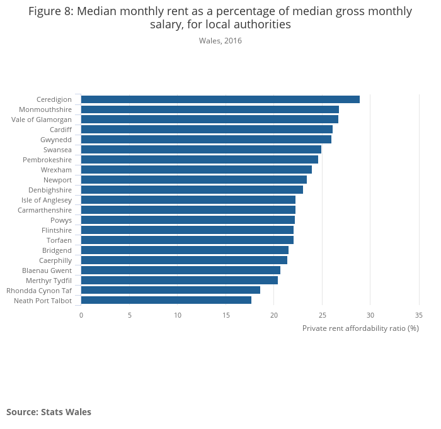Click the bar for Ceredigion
pyautogui.click(x=220, y=99)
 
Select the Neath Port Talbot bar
pyautogui.click(x=166, y=301)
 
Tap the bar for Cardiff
pyautogui.click(x=207, y=130)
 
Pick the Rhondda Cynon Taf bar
pyautogui.click(x=170, y=291)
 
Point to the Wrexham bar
pyautogui.click(x=196, y=170)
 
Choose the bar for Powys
pyautogui.click(x=188, y=220)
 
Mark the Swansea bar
pyautogui.click(x=201, y=150)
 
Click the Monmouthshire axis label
pyautogui.click(x=45, y=109)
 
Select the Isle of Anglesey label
pyautogui.click(x=47, y=200)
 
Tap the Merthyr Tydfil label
pyautogui.click(x=49, y=281)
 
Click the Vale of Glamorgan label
pyautogui.click(x=42, y=120)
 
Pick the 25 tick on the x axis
pyautogui.click(x=322, y=315)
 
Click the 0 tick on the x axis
pyautogui.click(x=81, y=315)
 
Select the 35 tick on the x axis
pyautogui.click(x=419, y=315)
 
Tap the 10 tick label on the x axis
pyautogui.click(x=178, y=315)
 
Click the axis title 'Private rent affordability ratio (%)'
pyautogui.click(x=360, y=328)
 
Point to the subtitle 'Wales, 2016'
pyautogui.click(x=220, y=41)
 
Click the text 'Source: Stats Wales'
pyautogui.click(x=49, y=412)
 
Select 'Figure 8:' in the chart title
pyautogui.click(x=51, y=11)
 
